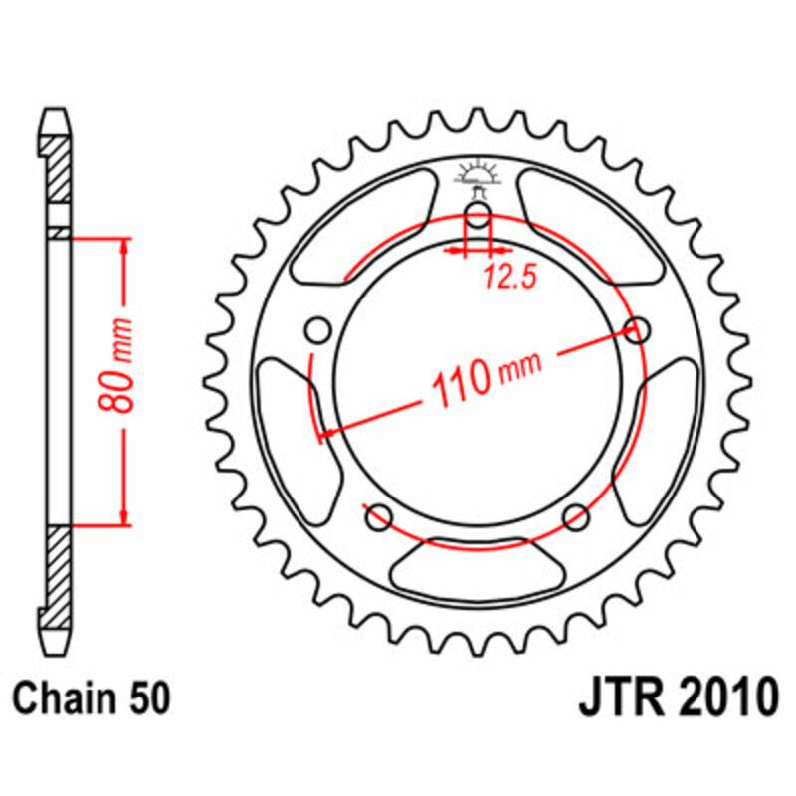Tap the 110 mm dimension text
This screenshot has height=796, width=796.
[x=484, y=375]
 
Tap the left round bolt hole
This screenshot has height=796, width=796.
[x=318, y=329]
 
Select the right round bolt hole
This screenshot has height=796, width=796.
[x=637, y=329]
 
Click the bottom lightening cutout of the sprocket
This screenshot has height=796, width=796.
[x=478, y=566]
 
